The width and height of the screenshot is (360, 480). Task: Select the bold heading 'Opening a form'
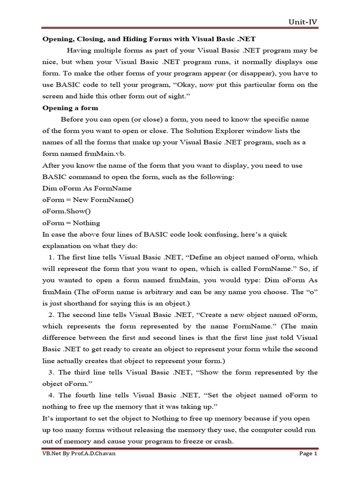[70, 108]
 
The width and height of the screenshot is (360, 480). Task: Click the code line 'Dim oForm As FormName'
[87, 188]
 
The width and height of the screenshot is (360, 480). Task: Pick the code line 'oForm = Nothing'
[71, 223]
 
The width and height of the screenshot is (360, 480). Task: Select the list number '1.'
[51, 257]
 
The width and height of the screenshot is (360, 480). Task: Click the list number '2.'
[51, 315]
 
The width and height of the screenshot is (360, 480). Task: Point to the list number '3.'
[51, 372]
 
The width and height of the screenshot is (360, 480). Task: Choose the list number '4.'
[51, 395]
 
